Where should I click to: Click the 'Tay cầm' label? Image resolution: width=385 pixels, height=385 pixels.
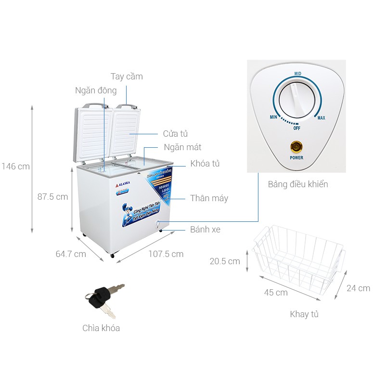point(127,77)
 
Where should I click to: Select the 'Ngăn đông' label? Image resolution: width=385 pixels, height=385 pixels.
point(96,90)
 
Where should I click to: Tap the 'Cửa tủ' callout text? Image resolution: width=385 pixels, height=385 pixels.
point(175,134)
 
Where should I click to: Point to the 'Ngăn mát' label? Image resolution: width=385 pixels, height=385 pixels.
point(182,147)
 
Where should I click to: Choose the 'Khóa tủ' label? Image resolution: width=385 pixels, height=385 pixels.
point(205,164)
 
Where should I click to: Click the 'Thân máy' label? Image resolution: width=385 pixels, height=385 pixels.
point(209,198)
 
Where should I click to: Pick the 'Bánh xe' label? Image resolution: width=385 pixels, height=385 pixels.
point(205,230)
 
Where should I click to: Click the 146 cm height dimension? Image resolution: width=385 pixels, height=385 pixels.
point(15,167)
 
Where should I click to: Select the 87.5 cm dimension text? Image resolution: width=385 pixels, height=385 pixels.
point(52,197)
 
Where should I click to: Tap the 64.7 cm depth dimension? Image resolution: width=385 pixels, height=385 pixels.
point(70,254)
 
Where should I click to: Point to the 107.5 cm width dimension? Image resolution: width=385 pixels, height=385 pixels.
point(166,254)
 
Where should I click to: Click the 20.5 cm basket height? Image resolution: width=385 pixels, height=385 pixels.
point(224,261)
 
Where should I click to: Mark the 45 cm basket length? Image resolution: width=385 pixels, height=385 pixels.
point(276,292)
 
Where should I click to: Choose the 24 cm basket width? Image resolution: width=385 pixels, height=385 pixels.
point(358,288)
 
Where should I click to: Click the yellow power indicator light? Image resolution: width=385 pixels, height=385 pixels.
point(296,146)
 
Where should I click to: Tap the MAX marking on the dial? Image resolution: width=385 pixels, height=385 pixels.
point(321,118)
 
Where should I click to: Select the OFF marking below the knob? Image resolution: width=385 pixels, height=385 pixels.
point(297,128)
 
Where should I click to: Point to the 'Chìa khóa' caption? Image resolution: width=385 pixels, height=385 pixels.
point(101,328)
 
